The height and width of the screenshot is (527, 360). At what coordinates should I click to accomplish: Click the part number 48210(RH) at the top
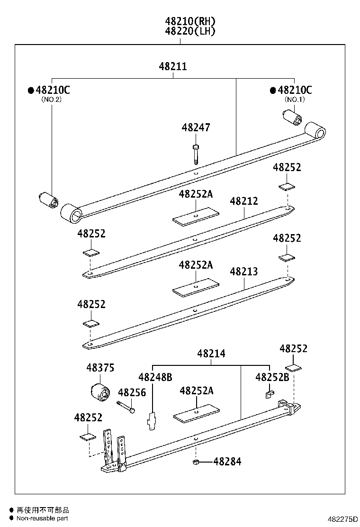190,21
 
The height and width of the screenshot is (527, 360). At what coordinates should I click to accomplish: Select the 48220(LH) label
190,31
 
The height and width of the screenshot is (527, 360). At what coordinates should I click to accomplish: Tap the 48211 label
173,67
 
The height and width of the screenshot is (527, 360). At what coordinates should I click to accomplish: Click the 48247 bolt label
196,128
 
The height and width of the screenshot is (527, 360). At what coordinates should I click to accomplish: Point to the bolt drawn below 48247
196,154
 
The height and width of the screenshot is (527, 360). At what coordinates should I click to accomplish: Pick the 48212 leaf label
244,201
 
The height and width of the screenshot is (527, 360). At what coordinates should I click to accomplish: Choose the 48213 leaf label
244,272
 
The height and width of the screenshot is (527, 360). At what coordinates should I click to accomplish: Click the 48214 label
211,354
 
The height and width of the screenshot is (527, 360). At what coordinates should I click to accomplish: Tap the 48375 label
100,368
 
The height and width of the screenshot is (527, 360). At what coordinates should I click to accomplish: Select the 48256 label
132,392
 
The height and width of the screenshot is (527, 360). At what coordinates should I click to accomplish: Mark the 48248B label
155,377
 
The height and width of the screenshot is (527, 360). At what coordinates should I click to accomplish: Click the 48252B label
272,377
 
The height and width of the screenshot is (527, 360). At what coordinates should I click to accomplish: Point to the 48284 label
227,461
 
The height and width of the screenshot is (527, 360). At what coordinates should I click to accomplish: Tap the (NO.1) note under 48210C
295,100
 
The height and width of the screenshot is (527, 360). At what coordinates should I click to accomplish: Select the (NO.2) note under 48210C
52,100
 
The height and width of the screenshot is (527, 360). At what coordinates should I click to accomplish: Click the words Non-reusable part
43,518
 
